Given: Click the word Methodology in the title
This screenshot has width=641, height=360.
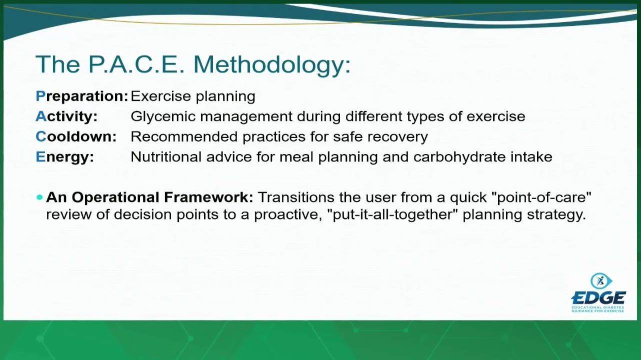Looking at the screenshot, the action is pyautogui.click(x=272, y=65).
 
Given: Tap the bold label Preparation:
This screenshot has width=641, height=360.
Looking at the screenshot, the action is pyautogui.click(x=82, y=96).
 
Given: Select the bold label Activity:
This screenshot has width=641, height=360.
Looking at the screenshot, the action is pyautogui.click(x=66, y=117).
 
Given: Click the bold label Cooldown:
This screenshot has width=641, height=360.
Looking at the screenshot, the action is pyautogui.click(x=76, y=136).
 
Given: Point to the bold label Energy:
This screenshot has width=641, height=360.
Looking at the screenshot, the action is pyautogui.click(x=64, y=157).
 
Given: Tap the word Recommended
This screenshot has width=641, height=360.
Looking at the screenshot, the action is pyautogui.click(x=184, y=136).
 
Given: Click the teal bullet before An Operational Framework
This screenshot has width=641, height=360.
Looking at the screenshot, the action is pyautogui.click(x=40, y=197).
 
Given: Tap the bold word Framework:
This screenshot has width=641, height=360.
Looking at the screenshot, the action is pyautogui.click(x=208, y=197).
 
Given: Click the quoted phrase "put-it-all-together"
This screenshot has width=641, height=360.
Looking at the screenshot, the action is pyautogui.click(x=392, y=215).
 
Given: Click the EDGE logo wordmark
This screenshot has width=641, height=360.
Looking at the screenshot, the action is pyautogui.click(x=598, y=297).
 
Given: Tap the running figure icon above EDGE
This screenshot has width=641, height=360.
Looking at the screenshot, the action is pyautogui.click(x=601, y=281).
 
